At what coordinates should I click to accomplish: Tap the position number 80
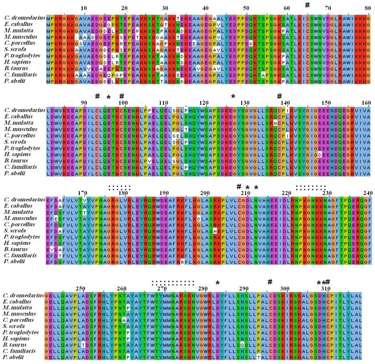[x=367, y=8]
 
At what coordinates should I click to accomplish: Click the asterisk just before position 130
[x=234, y=97]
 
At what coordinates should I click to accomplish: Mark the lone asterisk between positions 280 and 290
[x=218, y=283]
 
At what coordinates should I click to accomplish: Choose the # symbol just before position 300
[x=270, y=282]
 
